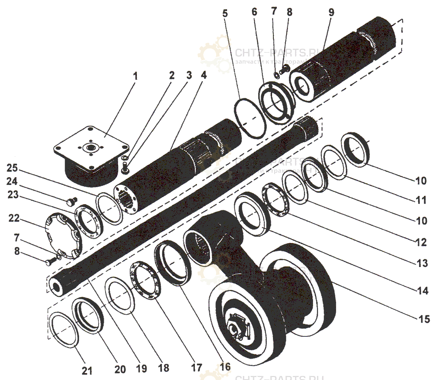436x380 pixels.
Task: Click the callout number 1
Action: pyautogui.click(x=135, y=76)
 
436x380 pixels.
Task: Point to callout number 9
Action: pyautogui.click(x=331, y=12)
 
